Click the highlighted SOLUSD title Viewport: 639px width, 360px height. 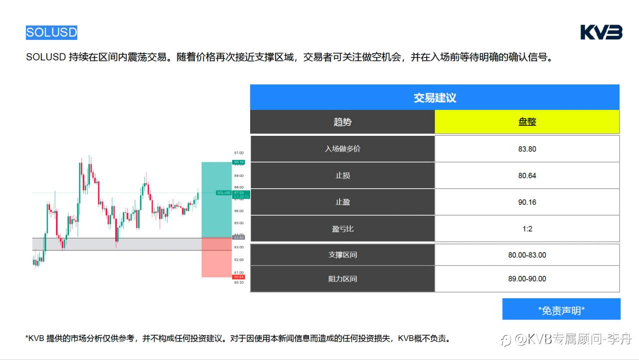tap(51, 32)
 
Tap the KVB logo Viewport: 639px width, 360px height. tap(601, 32)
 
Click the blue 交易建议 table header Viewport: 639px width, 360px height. tap(434, 97)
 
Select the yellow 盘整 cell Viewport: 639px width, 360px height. tap(527, 122)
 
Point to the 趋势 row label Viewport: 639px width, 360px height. tap(342, 122)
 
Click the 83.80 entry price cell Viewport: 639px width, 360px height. tap(527, 149)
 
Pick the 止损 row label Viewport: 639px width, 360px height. tap(342, 176)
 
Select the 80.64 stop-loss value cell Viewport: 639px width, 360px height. tap(527, 176)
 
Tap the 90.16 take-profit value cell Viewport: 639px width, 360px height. tap(527, 202)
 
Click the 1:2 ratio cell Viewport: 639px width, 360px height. tap(527, 229)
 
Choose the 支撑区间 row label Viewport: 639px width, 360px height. tap(342, 255)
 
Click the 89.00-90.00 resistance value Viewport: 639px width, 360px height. tap(527, 279)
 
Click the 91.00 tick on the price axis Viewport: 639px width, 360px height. tap(239, 153)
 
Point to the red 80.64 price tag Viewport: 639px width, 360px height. tap(239, 277)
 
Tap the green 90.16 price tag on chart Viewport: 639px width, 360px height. tap(239, 162)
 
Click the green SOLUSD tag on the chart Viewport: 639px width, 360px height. tap(224, 193)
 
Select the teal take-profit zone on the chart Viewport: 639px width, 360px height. tap(216, 200)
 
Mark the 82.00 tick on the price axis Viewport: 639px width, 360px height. tap(239, 260)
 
